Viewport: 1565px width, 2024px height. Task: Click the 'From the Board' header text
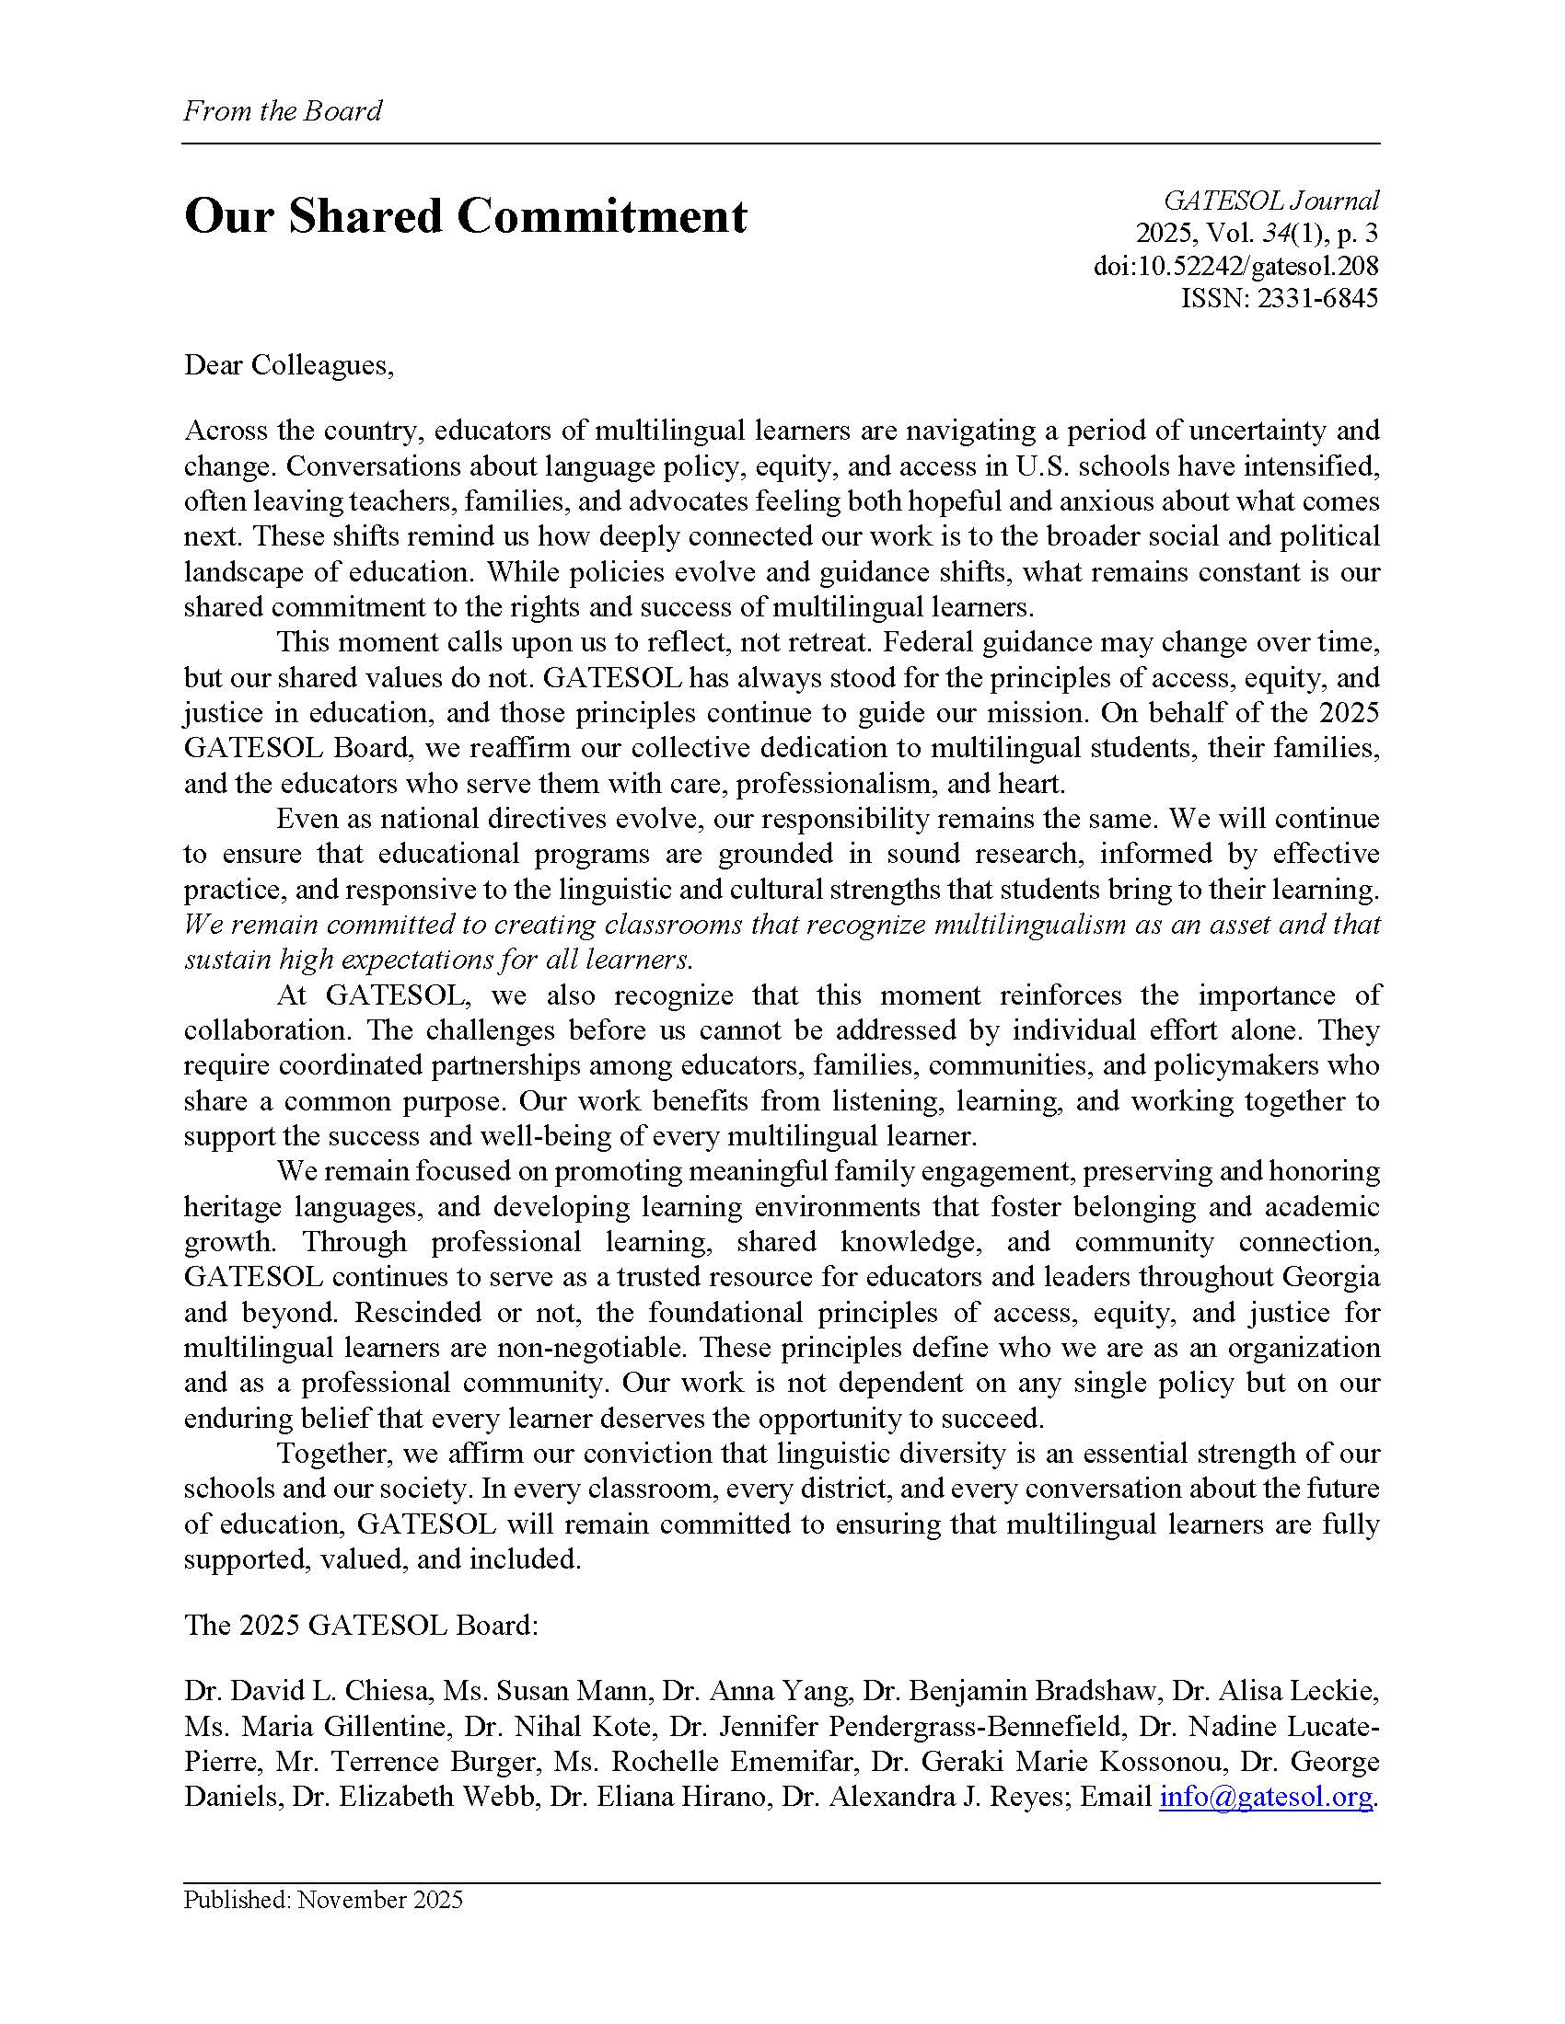(x=282, y=111)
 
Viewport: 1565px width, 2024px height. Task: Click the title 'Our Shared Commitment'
(x=465, y=217)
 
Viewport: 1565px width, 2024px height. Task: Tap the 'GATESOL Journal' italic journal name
(x=1271, y=201)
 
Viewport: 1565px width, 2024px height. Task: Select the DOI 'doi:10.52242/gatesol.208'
(x=1235, y=266)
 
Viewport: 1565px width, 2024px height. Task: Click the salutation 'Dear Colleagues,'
(x=288, y=365)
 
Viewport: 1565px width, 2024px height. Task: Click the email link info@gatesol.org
(x=1265, y=1796)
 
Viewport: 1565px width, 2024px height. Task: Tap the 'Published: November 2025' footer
(x=322, y=1900)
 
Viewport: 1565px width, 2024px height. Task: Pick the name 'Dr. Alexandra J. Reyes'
(x=927, y=1796)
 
